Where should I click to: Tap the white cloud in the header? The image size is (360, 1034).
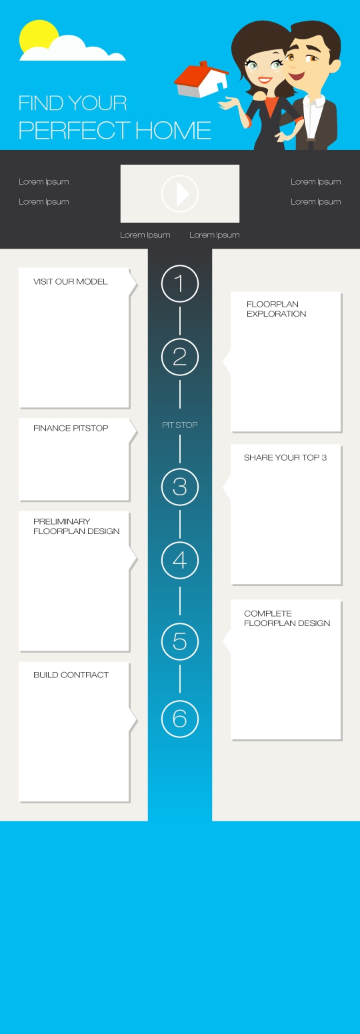(x=74, y=50)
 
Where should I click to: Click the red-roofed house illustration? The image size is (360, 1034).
(x=201, y=80)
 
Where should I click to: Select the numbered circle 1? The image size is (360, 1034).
(x=180, y=283)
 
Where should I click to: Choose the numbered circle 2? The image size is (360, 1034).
(x=180, y=357)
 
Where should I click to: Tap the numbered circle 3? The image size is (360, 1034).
(x=180, y=487)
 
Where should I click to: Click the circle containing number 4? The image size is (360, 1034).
(x=180, y=561)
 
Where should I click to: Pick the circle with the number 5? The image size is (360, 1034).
(x=180, y=641)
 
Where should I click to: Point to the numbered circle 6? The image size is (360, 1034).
(x=180, y=719)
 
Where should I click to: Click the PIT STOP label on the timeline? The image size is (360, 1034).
(x=180, y=425)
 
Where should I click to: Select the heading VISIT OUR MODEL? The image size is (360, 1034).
(x=70, y=281)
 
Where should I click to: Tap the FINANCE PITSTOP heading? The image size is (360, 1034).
(x=71, y=429)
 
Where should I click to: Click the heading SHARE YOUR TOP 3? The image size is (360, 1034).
(x=285, y=457)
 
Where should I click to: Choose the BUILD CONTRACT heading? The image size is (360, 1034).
(x=71, y=675)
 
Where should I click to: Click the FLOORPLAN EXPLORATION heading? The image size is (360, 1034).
(x=276, y=309)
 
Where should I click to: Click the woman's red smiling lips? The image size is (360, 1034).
(x=265, y=79)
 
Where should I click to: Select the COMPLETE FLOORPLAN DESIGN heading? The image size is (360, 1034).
(x=287, y=618)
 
